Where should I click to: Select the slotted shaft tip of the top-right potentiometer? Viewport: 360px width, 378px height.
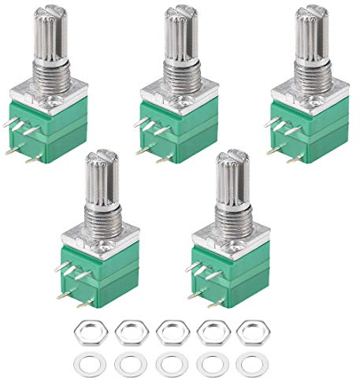[x=310, y=9]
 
